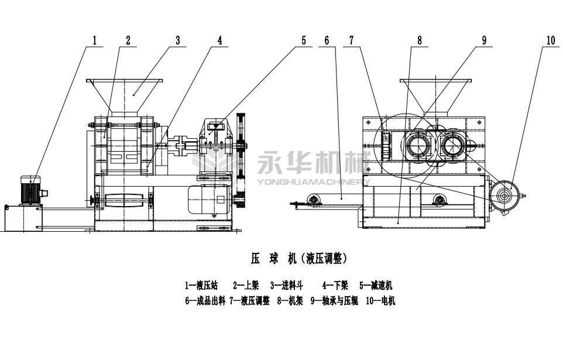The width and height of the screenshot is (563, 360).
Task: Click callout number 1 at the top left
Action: pos(94,40)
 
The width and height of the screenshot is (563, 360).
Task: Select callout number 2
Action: pos(128,40)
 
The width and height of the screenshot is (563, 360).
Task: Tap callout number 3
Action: pos(177,40)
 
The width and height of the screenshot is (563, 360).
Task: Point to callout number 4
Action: pos(219,40)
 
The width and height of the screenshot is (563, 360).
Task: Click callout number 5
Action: pos(304,40)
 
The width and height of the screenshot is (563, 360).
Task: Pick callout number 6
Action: pos(327,40)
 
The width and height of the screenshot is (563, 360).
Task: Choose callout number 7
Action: pos(352,40)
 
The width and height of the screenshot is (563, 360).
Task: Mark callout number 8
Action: pos(420,40)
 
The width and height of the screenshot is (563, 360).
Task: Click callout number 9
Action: pos(484,40)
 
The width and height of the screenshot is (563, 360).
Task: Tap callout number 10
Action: pos(550,40)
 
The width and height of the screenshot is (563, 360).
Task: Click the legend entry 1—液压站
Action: pos(201,286)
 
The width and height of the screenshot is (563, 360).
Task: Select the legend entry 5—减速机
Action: pos(376,286)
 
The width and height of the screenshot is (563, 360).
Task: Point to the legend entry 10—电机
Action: pos(381,301)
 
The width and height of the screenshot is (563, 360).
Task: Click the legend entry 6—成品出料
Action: pos(204,301)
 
